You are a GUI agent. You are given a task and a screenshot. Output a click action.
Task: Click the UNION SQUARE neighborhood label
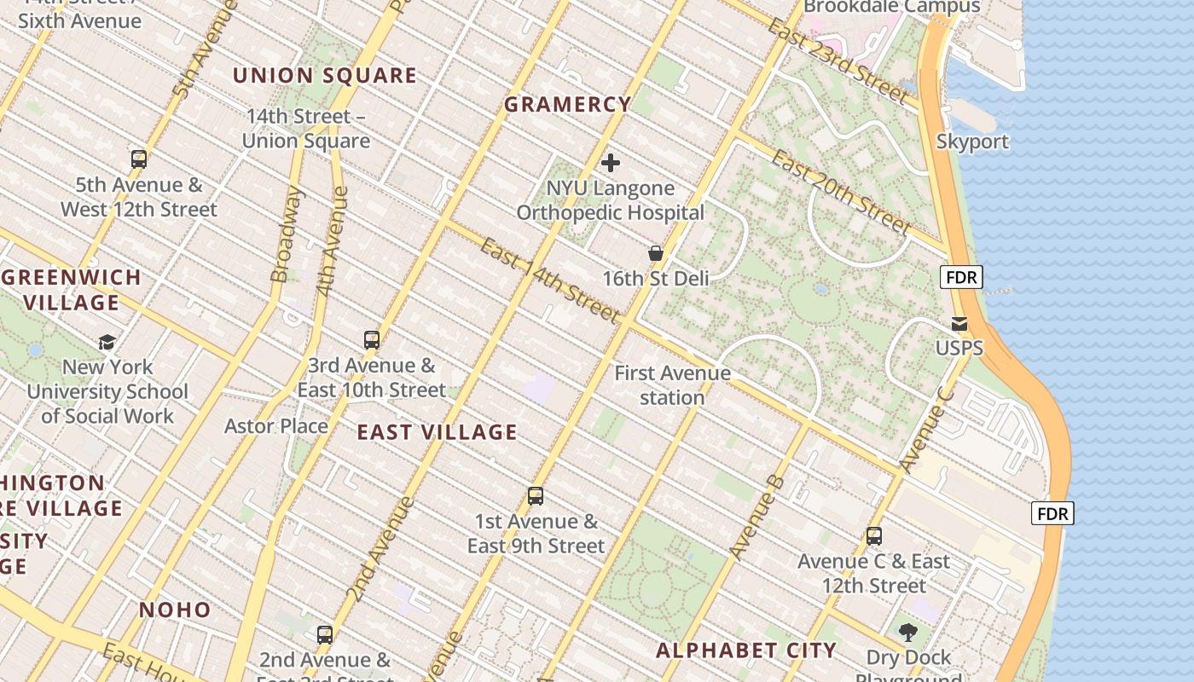point(325,76)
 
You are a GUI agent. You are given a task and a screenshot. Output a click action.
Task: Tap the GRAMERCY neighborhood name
point(567,105)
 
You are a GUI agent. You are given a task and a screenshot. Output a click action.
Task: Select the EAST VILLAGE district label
point(437,432)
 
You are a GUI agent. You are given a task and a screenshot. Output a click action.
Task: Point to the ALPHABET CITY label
point(746,650)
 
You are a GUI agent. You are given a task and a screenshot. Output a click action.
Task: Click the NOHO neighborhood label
point(175,610)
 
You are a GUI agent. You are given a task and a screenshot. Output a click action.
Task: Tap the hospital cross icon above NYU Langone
point(611,163)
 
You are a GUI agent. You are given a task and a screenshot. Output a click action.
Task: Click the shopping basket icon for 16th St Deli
point(656,253)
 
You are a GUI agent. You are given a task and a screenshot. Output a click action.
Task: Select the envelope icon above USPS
point(959,323)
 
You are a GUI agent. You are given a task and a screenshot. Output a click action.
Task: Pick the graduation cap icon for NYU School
point(107,342)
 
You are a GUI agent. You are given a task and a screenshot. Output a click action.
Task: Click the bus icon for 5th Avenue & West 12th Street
point(139,159)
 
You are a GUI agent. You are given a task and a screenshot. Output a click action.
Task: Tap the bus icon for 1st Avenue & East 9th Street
point(536,496)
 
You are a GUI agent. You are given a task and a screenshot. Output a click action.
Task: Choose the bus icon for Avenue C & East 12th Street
point(874,536)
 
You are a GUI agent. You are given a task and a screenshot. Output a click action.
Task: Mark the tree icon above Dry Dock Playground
point(908,633)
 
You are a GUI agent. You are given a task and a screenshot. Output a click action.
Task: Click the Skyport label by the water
point(972,142)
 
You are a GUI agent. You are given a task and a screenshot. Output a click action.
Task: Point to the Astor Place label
point(276,425)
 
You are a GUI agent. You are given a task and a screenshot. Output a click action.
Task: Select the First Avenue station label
point(672,385)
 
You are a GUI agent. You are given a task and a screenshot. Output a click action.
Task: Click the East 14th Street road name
point(549,280)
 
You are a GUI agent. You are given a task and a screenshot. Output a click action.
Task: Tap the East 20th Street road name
point(841,192)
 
